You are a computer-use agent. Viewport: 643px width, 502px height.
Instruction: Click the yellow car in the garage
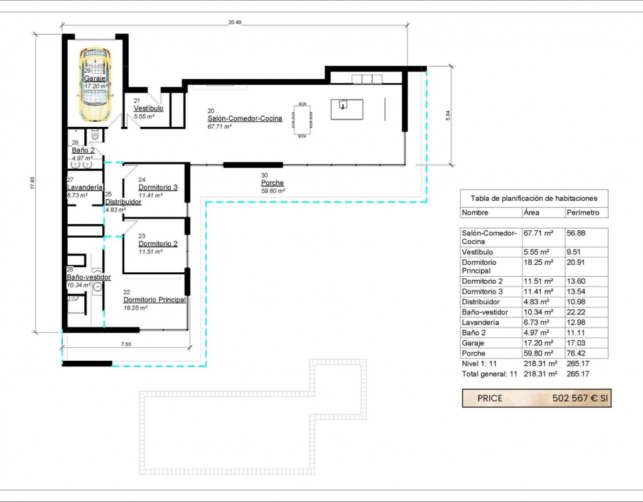pyautogui.click(x=95, y=84)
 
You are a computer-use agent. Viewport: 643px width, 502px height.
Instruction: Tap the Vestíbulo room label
pyautogui.click(x=148, y=109)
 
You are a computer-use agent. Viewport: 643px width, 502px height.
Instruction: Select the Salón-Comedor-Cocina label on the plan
pyautogui.click(x=245, y=119)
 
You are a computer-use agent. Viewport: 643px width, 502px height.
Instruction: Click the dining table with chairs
pyautogui.click(x=302, y=120)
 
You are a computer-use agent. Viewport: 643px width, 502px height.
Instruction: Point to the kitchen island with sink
pyautogui.click(x=347, y=109)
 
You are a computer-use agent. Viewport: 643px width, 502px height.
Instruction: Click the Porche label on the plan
pyautogui.click(x=273, y=183)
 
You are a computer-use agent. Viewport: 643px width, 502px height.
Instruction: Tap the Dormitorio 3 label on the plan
pyautogui.click(x=158, y=187)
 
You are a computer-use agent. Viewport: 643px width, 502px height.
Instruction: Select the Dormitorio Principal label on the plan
pyautogui.click(x=154, y=300)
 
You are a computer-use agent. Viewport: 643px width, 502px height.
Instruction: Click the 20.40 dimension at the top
pyautogui.click(x=235, y=23)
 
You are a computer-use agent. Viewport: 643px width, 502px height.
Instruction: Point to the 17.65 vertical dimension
pyautogui.click(x=33, y=183)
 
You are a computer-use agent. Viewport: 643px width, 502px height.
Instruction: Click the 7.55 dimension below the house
pyautogui.click(x=126, y=344)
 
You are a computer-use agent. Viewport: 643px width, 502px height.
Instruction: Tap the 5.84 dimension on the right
pyautogui.click(x=448, y=115)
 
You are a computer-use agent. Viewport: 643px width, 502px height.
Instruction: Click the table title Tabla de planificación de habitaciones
pyautogui.click(x=534, y=198)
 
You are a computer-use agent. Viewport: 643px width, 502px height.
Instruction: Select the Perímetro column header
pyautogui.click(x=583, y=212)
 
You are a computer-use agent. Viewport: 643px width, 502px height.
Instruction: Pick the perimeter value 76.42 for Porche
pyautogui.click(x=576, y=353)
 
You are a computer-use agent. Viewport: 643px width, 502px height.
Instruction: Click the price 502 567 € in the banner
pyautogui.click(x=575, y=398)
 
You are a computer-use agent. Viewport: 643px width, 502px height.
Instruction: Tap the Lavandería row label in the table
pyautogui.click(x=480, y=323)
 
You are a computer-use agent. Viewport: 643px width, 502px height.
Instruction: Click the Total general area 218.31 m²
pyautogui.click(x=540, y=374)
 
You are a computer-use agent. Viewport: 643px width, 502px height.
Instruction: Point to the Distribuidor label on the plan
pyautogui.click(x=123, y=202)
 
